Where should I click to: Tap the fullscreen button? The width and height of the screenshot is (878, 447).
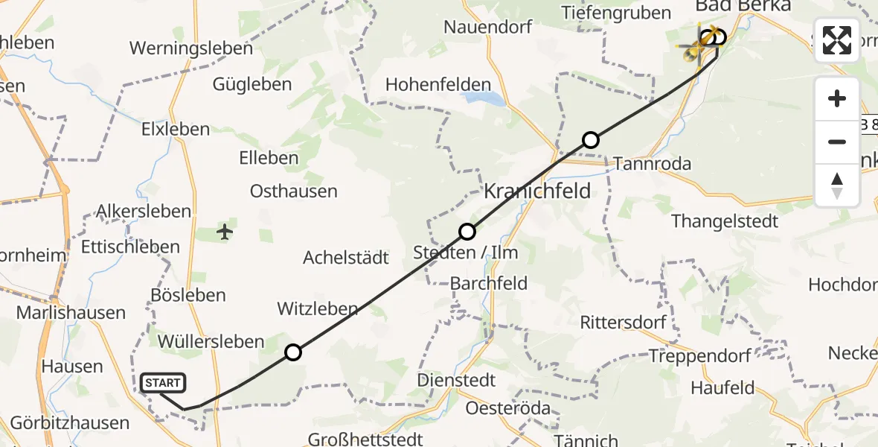point(837,40)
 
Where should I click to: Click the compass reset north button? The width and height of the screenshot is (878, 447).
point(837,186)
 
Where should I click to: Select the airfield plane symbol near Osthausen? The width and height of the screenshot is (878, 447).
point(225,232)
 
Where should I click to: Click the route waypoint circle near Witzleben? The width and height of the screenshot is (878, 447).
point(293,352)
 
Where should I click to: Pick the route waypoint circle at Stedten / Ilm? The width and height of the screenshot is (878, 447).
point(467,232)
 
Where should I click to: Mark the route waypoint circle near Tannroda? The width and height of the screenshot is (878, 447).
point(590,139)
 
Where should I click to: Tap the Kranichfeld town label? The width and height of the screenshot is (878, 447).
point(537,191)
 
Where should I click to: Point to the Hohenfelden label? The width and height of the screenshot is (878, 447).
point(438,85)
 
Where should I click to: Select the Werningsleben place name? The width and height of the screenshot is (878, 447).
point(191,48)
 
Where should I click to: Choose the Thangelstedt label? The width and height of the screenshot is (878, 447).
point(725,221)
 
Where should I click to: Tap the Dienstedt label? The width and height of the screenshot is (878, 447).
point(456,381)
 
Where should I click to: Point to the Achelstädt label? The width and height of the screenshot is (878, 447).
point(346,258)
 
